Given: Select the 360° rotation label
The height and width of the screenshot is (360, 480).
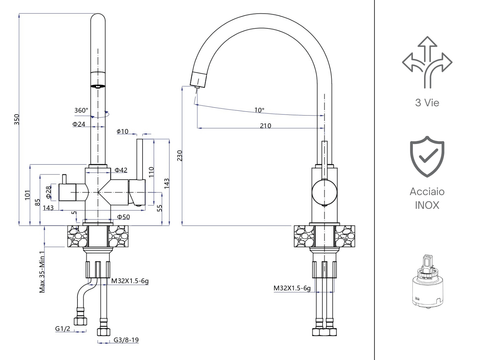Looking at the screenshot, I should pyautogui.click(x=82, y=111).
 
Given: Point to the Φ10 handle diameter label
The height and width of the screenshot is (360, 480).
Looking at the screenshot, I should pyautogui.click(x=123, y=130).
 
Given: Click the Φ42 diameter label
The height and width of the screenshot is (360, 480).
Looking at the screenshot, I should pyautogui.click(x=120, y=171).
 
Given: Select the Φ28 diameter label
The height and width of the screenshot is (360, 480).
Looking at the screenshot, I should pyautogui.click(x=46, y=190).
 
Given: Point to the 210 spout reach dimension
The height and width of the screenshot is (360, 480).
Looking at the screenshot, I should pyautogui.click(x=264, y=126).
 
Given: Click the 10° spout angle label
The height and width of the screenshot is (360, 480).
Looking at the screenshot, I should pyautogui.click(x=259, y=110).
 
